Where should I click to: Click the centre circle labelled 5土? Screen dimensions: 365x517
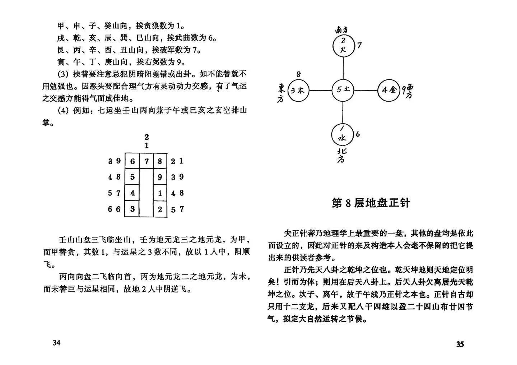coord(343,90)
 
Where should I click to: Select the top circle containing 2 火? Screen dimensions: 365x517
coord(343,46)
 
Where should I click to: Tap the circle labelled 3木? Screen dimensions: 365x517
coord(298,91)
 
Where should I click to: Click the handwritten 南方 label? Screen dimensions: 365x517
coord(343,29)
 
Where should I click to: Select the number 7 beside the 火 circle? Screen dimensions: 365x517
coord(359,45)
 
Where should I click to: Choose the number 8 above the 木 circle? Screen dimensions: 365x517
coord(298,74)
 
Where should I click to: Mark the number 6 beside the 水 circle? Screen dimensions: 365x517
coord(358,134)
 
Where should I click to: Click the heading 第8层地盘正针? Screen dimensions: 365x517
coord(371,203)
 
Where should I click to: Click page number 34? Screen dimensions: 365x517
coord(56,342)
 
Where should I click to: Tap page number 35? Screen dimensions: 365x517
coord(460,344)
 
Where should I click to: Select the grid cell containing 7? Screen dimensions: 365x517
coord(146,161)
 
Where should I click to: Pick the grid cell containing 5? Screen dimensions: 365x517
coord(132,177)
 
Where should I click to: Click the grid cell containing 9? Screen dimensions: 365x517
coord(160,177)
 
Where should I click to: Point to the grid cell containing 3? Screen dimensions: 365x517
coord(132,209)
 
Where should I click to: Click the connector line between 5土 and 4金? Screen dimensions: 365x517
coord(366,90)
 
